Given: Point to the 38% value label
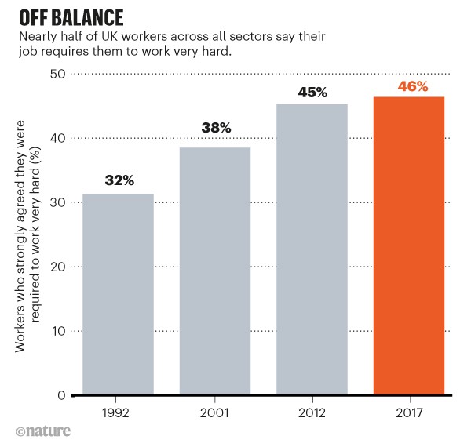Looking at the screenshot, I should pyautogui.click(x=215, y=128).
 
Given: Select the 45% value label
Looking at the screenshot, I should pyautogui.click(x=312, y=92).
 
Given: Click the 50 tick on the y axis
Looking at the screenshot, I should pyautogui.click(x=57, y=74).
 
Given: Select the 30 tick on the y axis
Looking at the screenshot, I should pyautogui.click(x=57, y=202).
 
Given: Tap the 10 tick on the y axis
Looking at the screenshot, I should pyautogui.click(x=57, y=331).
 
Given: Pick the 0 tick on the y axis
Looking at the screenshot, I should pyautogui.click(x=60, y=395).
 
